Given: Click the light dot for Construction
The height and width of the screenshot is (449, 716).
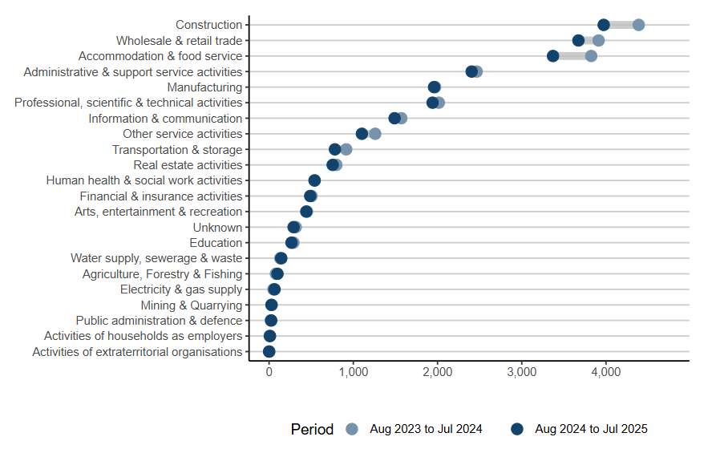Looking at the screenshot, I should (x=638, y=25).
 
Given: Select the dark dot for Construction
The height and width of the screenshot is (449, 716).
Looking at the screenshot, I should (x=604, y=25).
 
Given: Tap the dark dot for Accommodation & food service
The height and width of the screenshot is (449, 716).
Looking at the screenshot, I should (x=553, y=56).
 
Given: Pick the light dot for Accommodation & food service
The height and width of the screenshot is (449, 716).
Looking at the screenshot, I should (x=591, y=56).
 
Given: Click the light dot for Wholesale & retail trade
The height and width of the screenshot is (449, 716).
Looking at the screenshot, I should (x=598, y=40).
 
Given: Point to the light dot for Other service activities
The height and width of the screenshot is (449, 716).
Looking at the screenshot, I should (x=375, y=134).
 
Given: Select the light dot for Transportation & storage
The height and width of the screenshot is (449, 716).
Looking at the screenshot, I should (x=346, y=149).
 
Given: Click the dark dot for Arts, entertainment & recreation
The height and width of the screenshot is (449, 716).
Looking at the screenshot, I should (x=306, y=212).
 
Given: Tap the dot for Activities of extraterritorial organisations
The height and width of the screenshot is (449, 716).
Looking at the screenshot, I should (x=269, y=351).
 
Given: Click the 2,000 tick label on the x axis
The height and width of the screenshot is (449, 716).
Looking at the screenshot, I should (x=437, y=373).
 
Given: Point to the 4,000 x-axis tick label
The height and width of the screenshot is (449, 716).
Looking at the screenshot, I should (x=605, y=373).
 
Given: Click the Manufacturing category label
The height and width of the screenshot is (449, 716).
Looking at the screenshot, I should (x=204, y=87).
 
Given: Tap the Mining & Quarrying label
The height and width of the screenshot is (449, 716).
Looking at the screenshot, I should (x=191, y=305).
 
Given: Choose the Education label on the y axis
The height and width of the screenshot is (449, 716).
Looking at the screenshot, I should (x=216, y=243).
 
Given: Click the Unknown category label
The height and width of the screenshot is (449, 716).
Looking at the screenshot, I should (x=217, y=228).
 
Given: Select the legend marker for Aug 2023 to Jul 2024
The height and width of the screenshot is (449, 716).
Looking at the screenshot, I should (x=351, y=429).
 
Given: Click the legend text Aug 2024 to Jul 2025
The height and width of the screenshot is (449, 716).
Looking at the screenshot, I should (x=591, y=429).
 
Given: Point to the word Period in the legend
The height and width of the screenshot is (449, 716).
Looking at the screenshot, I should (x=312, y=429).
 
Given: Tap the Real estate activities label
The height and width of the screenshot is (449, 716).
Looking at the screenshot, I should (x=188, y=165).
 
